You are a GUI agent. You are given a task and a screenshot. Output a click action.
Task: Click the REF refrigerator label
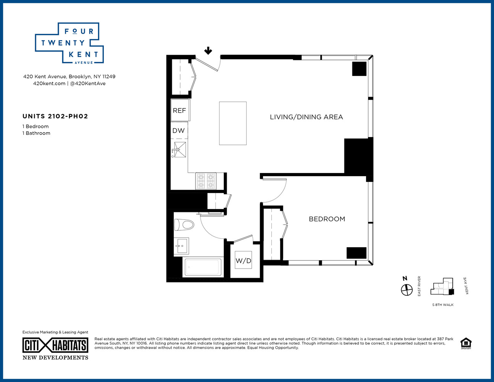point(179,110)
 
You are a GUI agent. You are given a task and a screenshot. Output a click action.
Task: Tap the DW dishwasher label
point(178,131)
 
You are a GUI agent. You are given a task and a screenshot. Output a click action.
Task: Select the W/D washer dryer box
point(243,260)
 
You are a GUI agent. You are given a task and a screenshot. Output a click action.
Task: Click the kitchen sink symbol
point(180,149)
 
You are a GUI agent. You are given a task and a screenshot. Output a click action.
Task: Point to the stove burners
point(206,181)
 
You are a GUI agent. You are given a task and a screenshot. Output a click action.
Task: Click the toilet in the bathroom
point(184,225)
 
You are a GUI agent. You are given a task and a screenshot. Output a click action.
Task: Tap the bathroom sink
point(182,246)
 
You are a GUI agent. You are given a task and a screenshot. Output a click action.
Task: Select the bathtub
point(203,267)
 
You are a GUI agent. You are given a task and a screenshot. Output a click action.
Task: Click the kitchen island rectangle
point(232,123)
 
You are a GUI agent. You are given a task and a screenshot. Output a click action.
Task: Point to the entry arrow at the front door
point(208,50)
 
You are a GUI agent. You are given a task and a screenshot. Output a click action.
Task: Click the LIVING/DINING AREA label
point(306,117)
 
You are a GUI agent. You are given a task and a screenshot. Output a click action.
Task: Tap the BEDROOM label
point(327,219)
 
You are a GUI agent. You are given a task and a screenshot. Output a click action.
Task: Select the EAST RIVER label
point(419,286)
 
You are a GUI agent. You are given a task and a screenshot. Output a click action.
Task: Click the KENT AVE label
point(466,285)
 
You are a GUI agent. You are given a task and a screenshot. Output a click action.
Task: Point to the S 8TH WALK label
point(443,305)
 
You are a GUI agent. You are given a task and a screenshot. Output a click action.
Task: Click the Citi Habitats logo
point(55,345)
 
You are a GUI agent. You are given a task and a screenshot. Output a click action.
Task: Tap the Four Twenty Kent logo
point(69,43)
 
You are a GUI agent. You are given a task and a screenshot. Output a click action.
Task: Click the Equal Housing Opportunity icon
point(466,343)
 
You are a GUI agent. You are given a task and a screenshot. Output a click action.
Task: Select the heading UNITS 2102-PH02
point(55,117)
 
